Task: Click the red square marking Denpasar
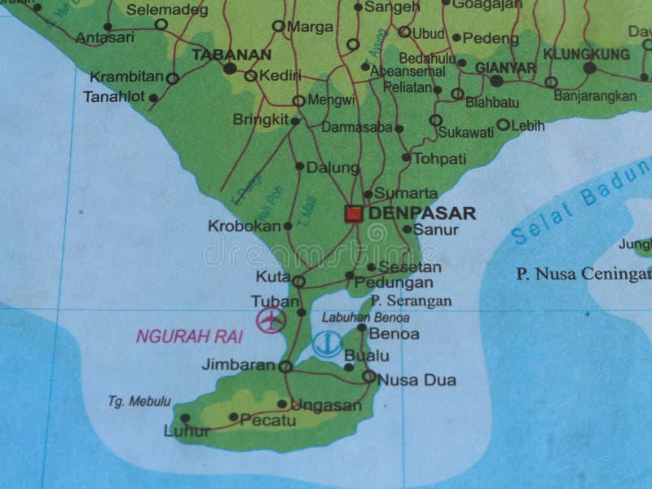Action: tap(353, 214)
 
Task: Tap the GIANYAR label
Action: tap(505, 67)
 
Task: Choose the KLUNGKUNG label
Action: tap(587, 54)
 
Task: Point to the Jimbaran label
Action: tap(238, 365)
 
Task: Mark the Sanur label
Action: tap(436, 230)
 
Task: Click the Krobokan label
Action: tap(244, 225)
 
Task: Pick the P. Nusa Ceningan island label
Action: tap(583, 274)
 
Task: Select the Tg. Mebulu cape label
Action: tap(139, 400)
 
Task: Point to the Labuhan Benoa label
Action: tap(354, 317)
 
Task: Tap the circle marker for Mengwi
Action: tap(298, 101)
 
